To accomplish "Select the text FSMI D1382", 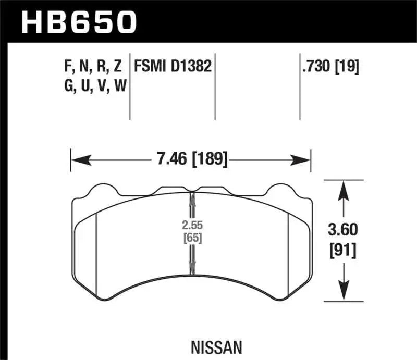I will point(173,66).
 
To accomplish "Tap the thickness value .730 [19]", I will point(329,66).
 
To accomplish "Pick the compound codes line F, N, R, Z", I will point(92,66).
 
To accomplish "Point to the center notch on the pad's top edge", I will point(192,190).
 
